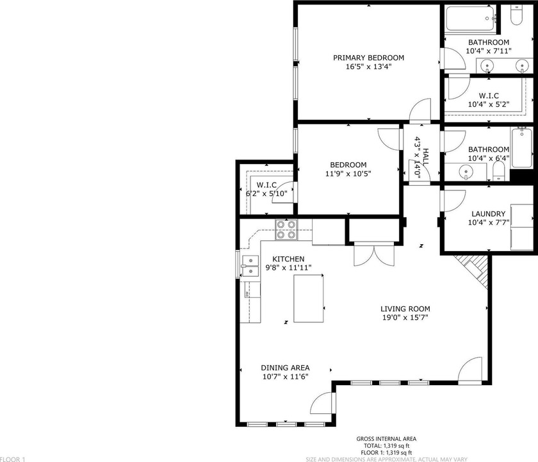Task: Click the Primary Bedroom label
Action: click(368, 58)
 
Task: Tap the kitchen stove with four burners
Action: click(286, 229)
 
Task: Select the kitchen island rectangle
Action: click(309, 299)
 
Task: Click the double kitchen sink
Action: click(250, 266)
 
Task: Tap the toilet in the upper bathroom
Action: click(516, 14)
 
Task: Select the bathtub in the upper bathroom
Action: click(470, 19)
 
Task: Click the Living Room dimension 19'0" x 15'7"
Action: click(405, 317)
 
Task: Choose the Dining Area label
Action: click(286, 368)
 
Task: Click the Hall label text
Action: click(426, 157)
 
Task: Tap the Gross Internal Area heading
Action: click(386, 439)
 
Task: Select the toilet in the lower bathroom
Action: click(498, 170)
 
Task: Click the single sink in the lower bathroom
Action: click(465, 171)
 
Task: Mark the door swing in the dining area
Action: click(320, 403)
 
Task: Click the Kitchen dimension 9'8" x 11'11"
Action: click(289, 268)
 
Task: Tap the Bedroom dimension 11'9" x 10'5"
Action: click(348, 174)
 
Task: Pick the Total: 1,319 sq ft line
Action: click(386, 446)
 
